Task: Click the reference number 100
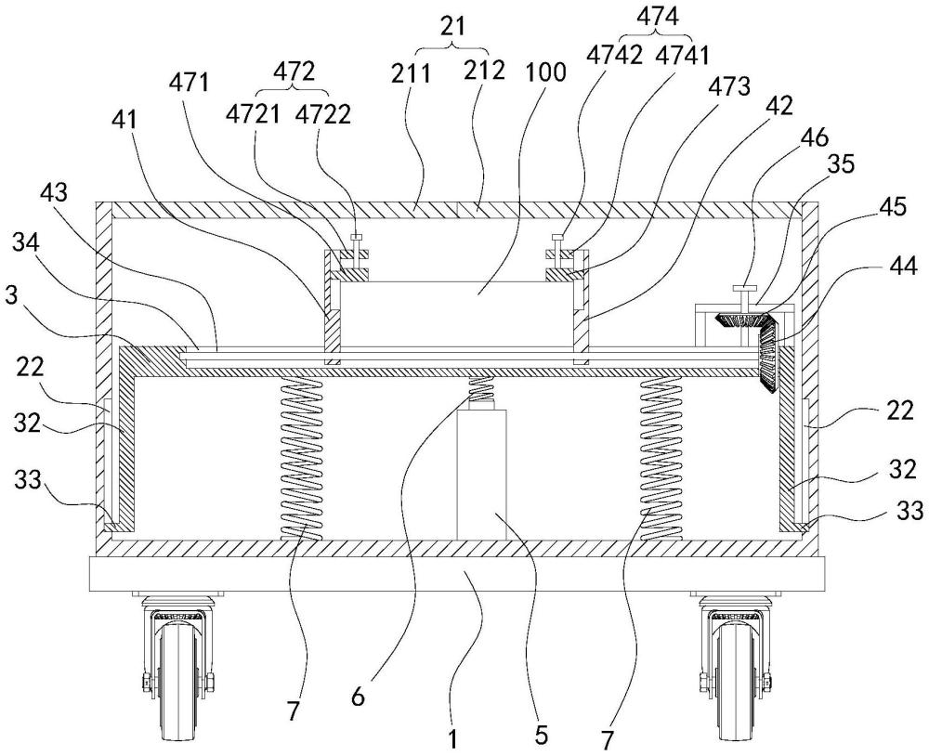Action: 545,72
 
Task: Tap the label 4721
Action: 253,114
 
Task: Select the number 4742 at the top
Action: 614,55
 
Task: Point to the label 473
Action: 729,86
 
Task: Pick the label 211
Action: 412,73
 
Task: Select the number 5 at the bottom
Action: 542,736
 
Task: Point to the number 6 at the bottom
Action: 358,697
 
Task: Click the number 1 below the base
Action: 452,739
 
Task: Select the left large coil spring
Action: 301,459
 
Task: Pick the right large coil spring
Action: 661,459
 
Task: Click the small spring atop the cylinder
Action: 481,389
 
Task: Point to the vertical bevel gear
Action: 769,353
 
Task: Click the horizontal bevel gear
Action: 741,320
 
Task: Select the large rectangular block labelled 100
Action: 457,314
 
